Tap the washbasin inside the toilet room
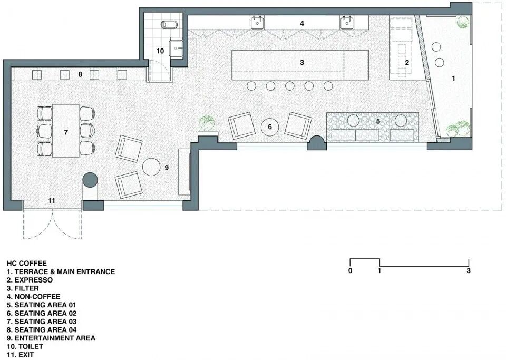(x=176, y=49)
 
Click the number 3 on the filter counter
(x=301, y=62)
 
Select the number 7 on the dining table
(x=66, y=132)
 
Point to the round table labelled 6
(x=270, y=127)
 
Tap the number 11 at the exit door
(x=52, y=201)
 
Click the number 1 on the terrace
(x=453, y=78)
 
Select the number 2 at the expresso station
(x=407, y=62)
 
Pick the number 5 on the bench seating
(x=378, y=121)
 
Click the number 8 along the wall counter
(x=80, y=74)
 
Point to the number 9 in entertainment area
(x=167, y=168)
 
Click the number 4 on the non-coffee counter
(x=301, y=24)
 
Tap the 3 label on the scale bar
(x=469, y=270)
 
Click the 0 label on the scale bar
(x=351, y=270)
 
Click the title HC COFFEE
(x=27, y=263)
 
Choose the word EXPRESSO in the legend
(x=34, y=280)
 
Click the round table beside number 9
(x=151, y=167)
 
